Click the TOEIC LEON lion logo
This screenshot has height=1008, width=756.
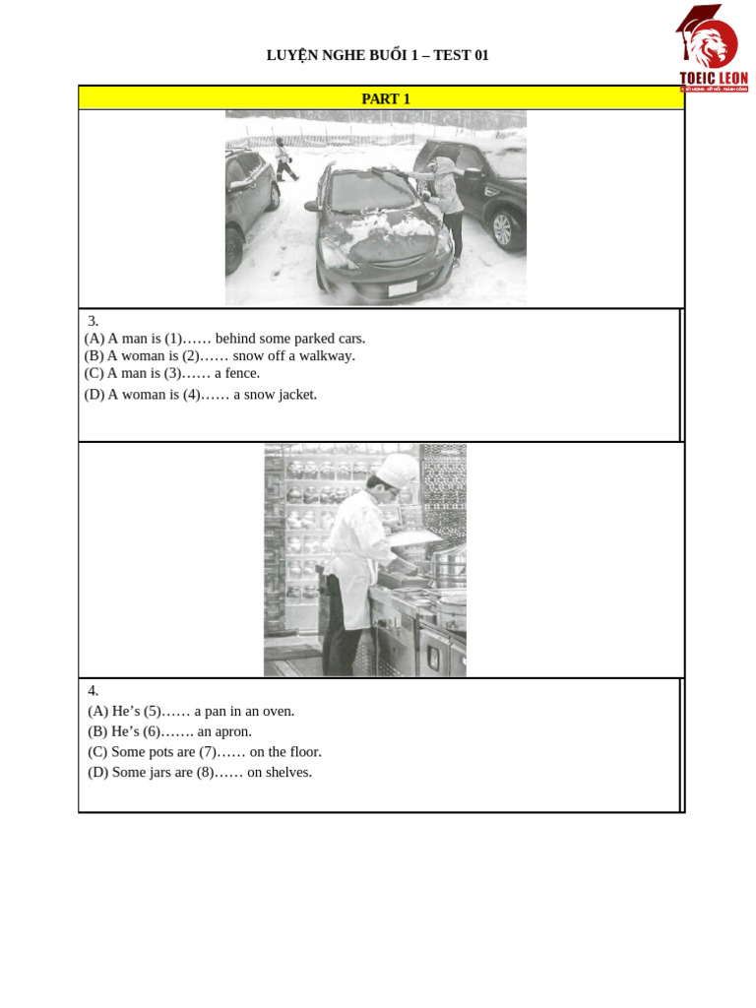pyautogui.click(x=712, y=47)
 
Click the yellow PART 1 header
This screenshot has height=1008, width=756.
pyautogui.click(x=385, y=98)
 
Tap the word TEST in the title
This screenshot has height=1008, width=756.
pyautogui.click(x=452, y=55)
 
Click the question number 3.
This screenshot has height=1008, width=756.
pyautogui.click(x=93, y=321)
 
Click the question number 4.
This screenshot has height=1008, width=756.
pyautogui.click(x=93, y=691)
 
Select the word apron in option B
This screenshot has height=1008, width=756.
pyautogui.click(x=232, y=732)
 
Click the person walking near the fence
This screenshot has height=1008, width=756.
pyautogui.click(x=284, y=159)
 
